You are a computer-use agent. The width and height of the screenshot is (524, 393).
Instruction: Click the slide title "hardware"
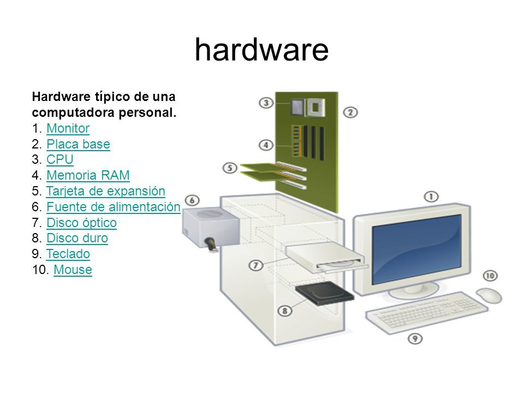tap(261, 50)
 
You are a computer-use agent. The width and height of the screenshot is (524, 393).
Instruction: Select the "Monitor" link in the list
tap(68, 128)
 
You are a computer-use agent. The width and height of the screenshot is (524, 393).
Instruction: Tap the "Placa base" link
tap(78, 144)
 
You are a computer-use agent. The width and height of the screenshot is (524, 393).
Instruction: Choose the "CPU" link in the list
tap(60, 159)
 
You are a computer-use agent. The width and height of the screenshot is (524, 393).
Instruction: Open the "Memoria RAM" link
tap(88, 175)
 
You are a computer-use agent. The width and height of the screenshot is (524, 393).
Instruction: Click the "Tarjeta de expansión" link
tap(105, 191)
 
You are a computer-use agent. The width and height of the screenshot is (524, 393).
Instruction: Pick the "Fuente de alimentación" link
tap(114, 207)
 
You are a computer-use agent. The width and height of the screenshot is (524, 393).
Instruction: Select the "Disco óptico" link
tap(81, 223)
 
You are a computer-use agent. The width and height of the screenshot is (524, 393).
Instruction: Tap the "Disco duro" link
tap(77, 239)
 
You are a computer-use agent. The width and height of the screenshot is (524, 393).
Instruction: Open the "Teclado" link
tap(68, 254)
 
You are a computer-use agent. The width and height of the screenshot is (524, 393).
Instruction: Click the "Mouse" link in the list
tap(73, 270)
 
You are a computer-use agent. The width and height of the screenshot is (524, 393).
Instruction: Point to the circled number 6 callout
tap(192, 200)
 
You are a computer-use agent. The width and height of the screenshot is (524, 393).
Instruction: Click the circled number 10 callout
tap(490, 276)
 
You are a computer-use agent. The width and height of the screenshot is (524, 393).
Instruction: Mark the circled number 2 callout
tap(350, 112)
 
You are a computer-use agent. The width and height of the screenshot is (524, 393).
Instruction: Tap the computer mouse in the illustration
tap(489, 295)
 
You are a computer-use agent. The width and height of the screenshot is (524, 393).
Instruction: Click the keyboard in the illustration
tap(427, 312)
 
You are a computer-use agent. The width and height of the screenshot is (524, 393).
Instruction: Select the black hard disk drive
tap(324, 293)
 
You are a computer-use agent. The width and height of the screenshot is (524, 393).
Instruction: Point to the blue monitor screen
tap(416, 249)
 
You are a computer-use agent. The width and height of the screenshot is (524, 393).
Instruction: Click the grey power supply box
tap(211, 227)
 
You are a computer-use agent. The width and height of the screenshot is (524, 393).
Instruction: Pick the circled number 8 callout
tap(285, 311)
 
